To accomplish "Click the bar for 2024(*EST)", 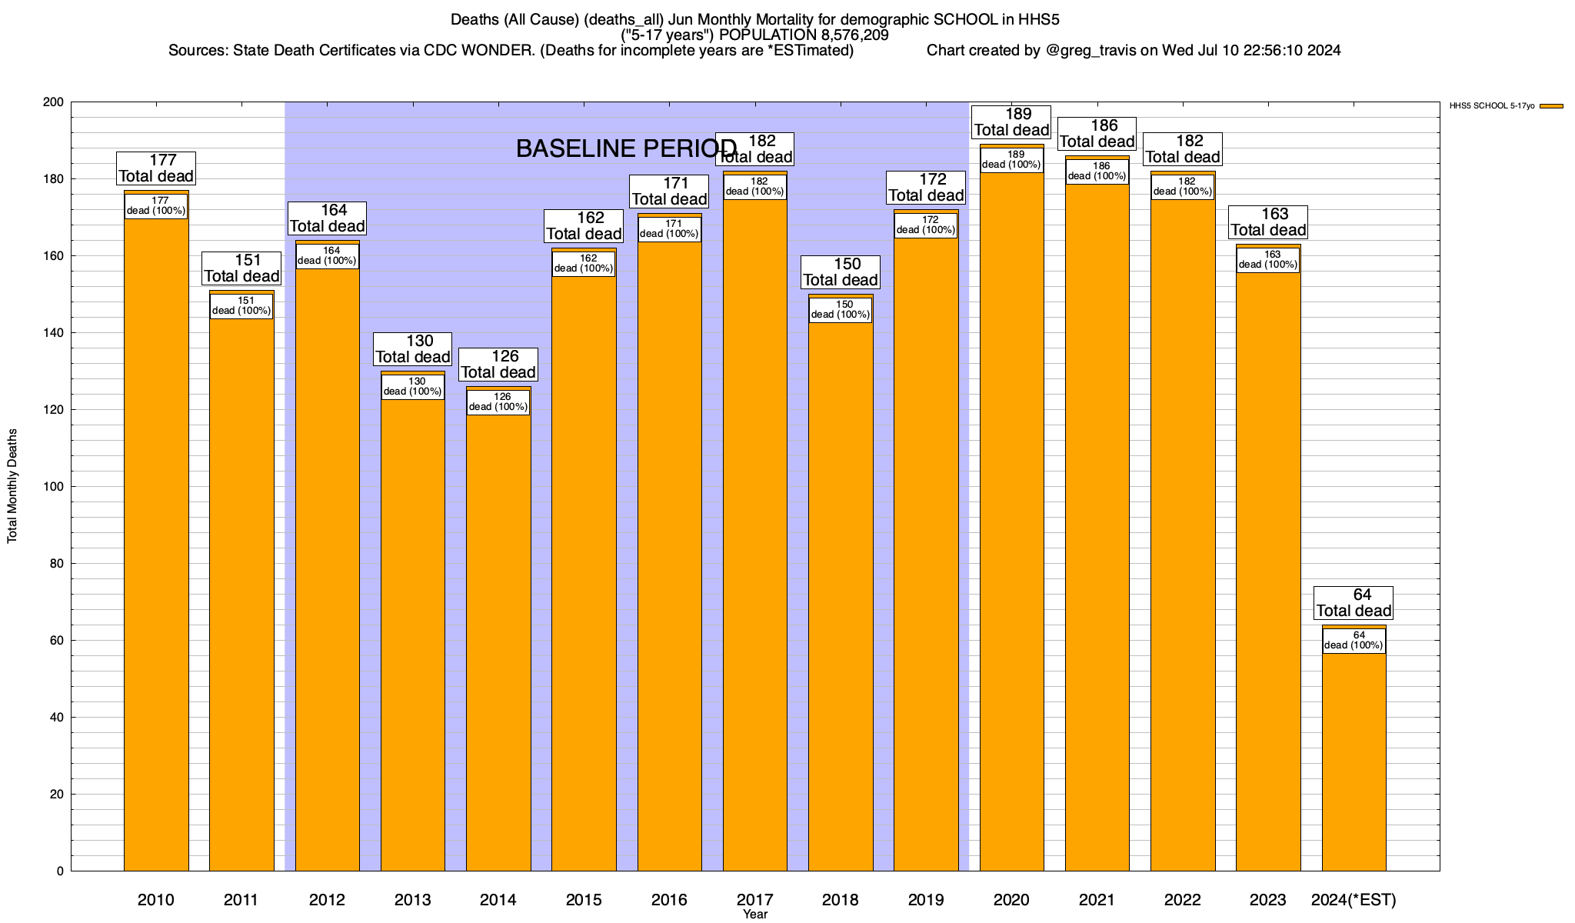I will [1354, 761].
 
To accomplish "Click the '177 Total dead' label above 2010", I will [156, 168].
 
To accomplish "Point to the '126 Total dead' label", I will [498, 365].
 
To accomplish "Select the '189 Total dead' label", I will [1011, 122].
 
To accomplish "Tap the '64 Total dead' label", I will [1354, 603].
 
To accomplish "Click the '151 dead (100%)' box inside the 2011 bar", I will [241, 306].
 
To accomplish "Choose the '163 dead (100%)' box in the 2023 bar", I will [1268, 260].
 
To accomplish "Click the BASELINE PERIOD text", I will [626, 148].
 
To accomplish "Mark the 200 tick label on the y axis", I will [55, 102].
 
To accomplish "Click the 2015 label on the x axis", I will [584, 900].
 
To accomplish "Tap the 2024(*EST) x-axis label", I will [1354, 900].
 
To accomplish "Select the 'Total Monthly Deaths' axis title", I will [12, 486].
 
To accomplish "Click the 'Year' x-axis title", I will [755, 915].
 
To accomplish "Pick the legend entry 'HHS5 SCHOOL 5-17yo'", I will [1491, 106].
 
